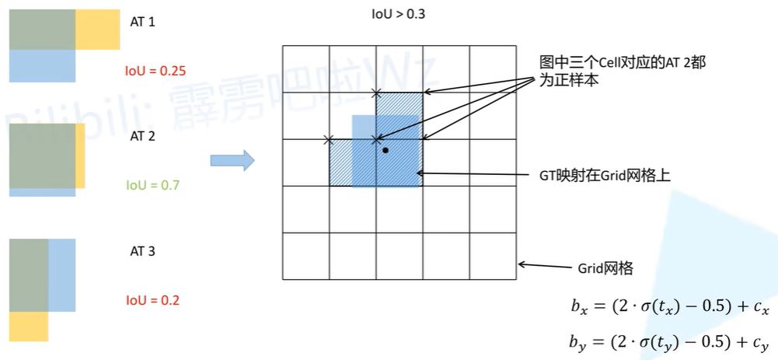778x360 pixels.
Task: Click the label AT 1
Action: click(142, 23)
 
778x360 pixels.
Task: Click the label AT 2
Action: click(142, 137)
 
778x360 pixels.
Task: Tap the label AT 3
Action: click(142, 252)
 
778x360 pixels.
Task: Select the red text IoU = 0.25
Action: click(155, 71)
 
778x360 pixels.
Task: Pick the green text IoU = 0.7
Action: click(152, 186)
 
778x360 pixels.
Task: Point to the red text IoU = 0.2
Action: click(152, 300)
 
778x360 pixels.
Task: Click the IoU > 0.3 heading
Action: click(399, 15)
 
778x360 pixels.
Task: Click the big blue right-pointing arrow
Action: click(232, 161)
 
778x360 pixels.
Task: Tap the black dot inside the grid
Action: click(385, 150)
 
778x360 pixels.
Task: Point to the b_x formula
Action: click(670, 307)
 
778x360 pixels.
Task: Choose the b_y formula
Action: click(670, 342)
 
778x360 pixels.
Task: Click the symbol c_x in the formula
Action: click(762, 309)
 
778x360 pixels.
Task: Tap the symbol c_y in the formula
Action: click(762, 343)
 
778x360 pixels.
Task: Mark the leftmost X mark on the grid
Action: click(327, 139)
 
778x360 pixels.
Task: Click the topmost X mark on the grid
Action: click(376, 93)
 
